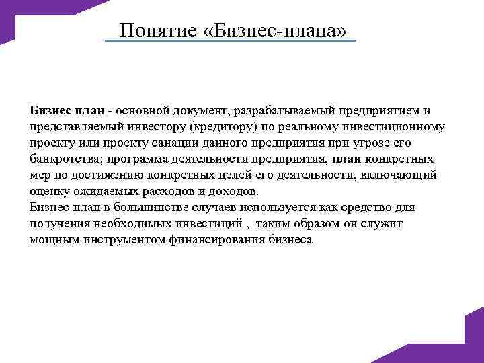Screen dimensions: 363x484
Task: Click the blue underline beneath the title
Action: [x=231, y=42]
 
